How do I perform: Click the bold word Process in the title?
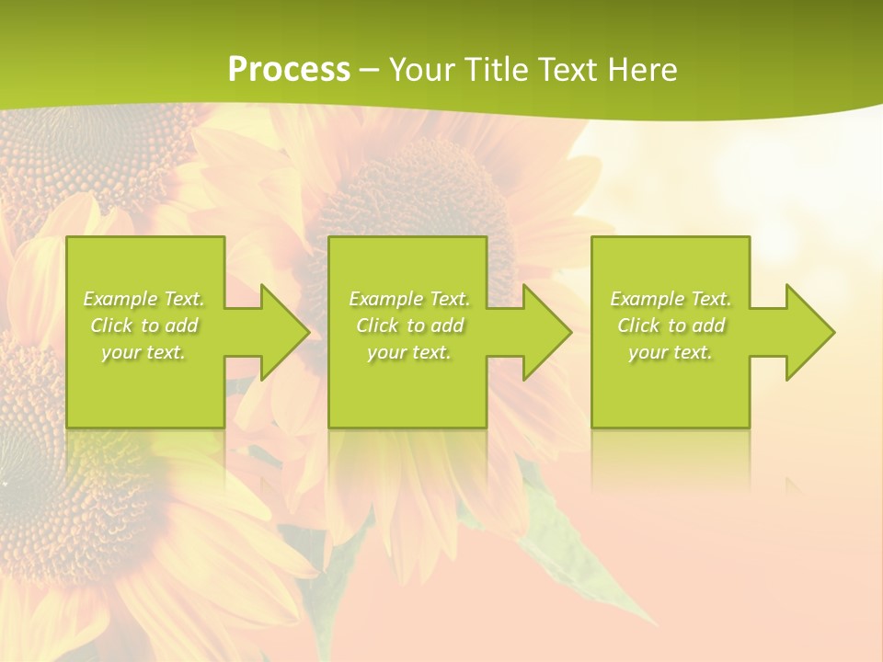(x=289, y=69)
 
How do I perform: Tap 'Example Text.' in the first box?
(x=144, y=299)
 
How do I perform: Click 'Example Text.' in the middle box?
(x=409, y=299)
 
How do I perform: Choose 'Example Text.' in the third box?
(x=671, y=299)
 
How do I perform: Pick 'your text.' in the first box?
(x=143, y=352)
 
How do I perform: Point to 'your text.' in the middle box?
(x=409, y=352)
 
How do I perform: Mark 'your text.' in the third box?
(x=671, y=352)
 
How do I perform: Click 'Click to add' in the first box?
(x=144, y=325)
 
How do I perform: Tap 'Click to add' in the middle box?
(x=409, y=325)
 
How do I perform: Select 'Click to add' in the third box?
(x=671, y=325)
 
